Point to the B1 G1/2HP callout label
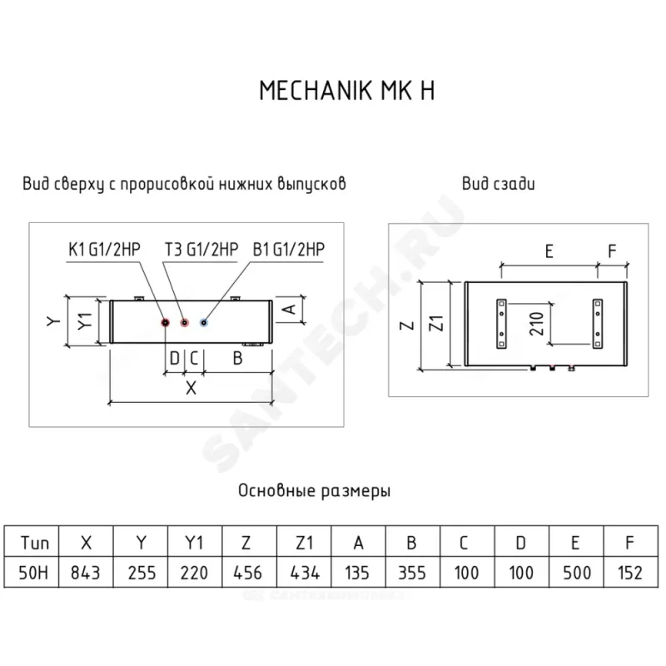click(x=288, y=248)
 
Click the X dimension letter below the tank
click(x=190, y=387)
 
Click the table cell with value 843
click(x=86, y=573)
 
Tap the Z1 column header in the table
click(x=303, y=544)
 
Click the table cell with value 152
click(x=629, y=573)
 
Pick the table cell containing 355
click(x=412, y=573)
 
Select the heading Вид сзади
click(x=498, y=183)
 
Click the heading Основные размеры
click(x=315, y=491)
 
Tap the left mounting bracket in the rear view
click(x=501, y=323)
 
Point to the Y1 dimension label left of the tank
click(x=81, y=321)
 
